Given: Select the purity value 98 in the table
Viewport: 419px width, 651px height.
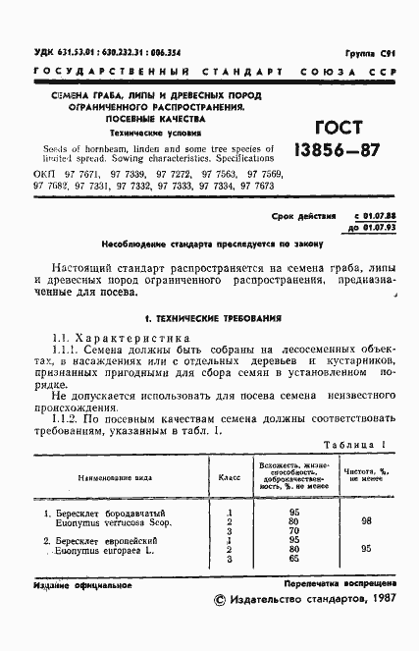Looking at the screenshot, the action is click(365, 522).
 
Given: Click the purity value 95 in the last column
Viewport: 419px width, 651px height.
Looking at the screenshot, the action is click(365, 549).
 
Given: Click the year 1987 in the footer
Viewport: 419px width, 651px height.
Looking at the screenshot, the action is click(374, 598).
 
